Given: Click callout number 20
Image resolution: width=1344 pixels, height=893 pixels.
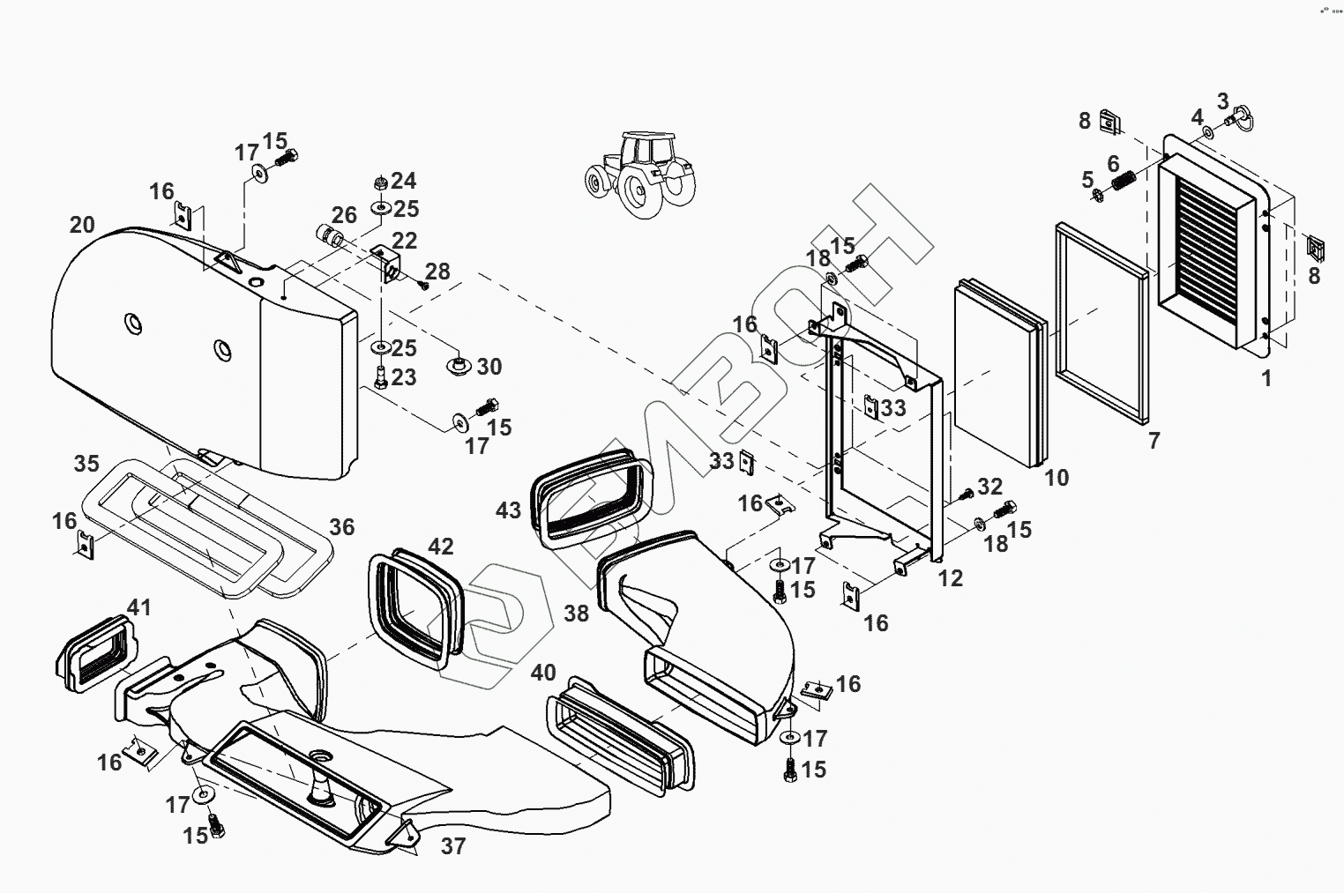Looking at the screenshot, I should pyautogui.click(x=82, y=225).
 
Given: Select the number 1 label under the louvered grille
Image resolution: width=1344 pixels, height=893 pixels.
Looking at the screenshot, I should pyautogui.click(x=1266, y=379).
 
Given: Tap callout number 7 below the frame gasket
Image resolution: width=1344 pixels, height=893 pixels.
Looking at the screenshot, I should pyautogui.click(x=1154, y=440).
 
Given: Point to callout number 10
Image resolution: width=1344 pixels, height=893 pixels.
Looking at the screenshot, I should pyautogui.click(x=1056, y=478).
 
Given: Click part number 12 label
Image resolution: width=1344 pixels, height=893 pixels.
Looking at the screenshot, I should pyautogui.click(x=951, y=578).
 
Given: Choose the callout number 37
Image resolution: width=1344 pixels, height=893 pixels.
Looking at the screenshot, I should pyautogui.click(x=452, y=846).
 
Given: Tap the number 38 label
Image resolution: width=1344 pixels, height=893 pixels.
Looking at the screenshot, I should pyautogui.click(x=576, y=613).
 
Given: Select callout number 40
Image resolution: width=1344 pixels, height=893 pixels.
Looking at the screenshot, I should pyautogui.click(x=543, y=673).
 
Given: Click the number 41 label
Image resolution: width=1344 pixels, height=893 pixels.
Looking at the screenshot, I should pyautogui.click(x=139, y=607).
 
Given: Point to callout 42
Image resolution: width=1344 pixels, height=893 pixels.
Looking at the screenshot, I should pyautogui.click(x=440, y=547).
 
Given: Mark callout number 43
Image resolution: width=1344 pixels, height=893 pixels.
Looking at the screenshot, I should pyautogui.click(x=508, y=510).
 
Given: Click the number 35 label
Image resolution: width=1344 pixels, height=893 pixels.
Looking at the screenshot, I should pyautogui.click(x=86, y=463).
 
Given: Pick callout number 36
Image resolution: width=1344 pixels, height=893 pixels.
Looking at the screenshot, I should pyautogui.click(x=341, y=527).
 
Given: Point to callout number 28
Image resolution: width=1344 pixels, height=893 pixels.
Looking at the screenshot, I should pyautogui.click(x=437, y=272).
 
